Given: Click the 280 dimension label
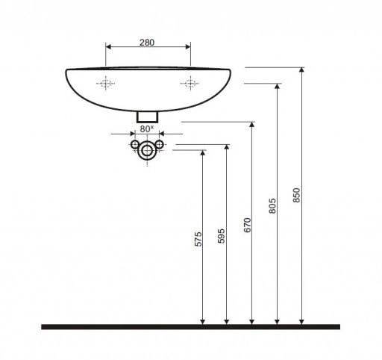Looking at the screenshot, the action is pyautogui.click(x=147, y=43).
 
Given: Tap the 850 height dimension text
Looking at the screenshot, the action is pyautogui.click(x=296, y=195).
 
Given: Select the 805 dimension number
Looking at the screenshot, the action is pyautogui.click(x=272, y=205).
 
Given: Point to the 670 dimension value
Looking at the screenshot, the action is pyautogui.click(x=248, y=225).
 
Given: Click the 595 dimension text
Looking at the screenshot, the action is pyautogui.click(x=221, y=236).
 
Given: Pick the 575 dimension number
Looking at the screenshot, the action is pyautogui.click(x=198, y=239).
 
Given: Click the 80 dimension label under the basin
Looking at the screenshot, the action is pyautogui.click(x=147, y=129).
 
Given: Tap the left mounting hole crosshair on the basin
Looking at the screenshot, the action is pyautogui.click(x=106, y=83).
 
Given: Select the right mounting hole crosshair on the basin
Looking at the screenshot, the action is pyautogui.click(x=190, y=83).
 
